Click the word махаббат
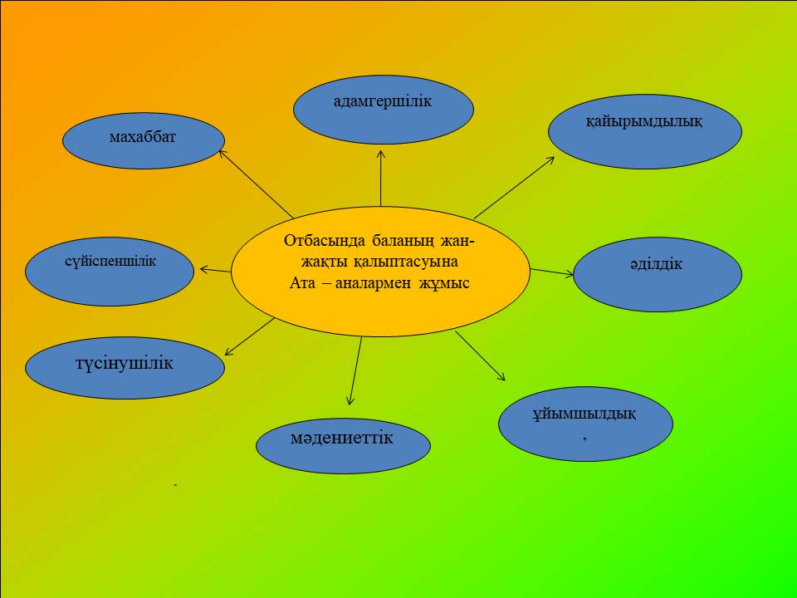tap(142, 137)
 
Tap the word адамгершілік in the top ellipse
tap(383, 101)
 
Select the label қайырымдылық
tap(644, 122)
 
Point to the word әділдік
tap(656, 264)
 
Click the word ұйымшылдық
tap(584, 414)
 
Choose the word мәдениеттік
tap(341, 438)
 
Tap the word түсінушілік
tap(125, 364)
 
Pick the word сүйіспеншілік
tap(110, 262)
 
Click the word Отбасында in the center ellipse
tap(325, 241)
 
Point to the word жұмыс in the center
tap(444, 282)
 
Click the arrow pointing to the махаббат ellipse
tap(256, 184)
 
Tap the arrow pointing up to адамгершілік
tap(381, 178)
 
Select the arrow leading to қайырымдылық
tap(514, 188)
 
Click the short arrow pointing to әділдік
tap(552, 272)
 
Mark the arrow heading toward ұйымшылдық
tap(481, 356)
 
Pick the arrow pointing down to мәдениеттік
tap(355, 370)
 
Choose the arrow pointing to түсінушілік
tap(250, 336)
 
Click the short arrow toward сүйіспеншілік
tap(216, 270)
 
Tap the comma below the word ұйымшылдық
tap(585, 438)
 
